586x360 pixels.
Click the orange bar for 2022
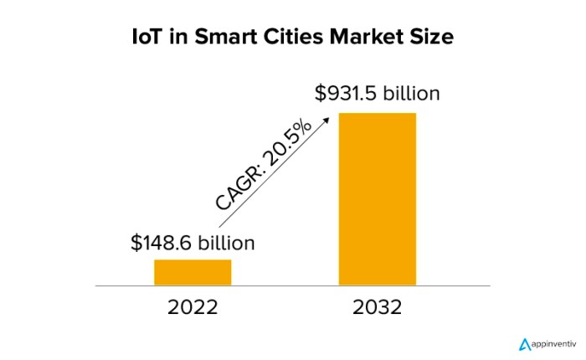pos(192,273)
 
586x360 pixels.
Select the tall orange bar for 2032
pos(377,199)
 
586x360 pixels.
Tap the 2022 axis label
pos(192,307)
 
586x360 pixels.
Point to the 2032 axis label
pos(377,307)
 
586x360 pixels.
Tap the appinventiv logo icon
pos(525,343)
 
